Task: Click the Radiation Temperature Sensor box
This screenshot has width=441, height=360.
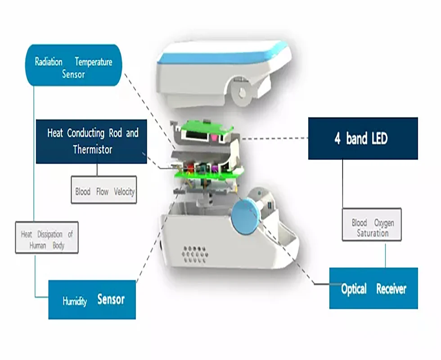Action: pos(73,65)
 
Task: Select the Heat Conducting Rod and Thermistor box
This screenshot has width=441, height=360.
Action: pos(91,141)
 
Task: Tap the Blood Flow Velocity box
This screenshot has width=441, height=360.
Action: pos(104,189)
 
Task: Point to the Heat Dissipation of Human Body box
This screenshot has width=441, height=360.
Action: pos(47,237)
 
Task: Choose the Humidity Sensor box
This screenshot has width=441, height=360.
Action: pos(92,300)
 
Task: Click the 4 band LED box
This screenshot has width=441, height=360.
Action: pos(363,139)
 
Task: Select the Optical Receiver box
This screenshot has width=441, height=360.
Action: pos(373,288)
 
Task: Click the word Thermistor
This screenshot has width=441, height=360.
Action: pos(93,149)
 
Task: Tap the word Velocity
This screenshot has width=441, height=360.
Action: pos(124,192)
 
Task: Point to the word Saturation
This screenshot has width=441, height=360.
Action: pos(373,233)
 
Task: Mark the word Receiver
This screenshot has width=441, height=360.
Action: pos(391,289)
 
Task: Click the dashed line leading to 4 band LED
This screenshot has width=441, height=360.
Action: pos(274,139)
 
